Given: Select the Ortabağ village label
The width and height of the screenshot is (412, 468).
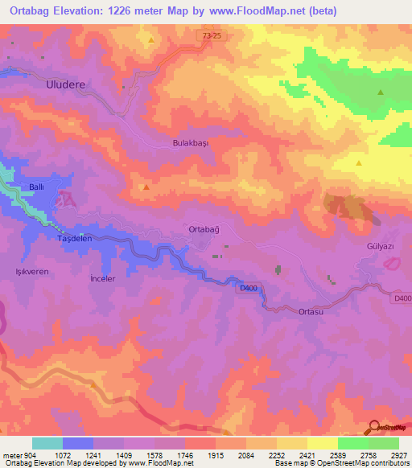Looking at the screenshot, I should pyautogui.click(x=204, y=229).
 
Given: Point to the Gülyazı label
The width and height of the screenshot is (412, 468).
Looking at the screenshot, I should pyautogui.click(x=380, y=247).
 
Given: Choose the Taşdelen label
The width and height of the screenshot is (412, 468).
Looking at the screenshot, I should pyautogui.click(x=76, y=239).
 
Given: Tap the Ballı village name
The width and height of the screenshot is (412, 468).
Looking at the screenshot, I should pyautogui.click(x=36, y=187).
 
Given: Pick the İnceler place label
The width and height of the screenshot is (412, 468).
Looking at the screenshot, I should pyautogui.click(x=103, y=278).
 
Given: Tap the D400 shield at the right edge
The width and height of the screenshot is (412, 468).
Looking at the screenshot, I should pyautogui.click(x=402, y=299).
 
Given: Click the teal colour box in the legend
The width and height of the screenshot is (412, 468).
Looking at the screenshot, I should pyautogui.click(x=47, y=443).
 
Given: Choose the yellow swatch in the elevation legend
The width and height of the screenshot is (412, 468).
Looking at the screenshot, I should pyautogui.click(x=323, y=443).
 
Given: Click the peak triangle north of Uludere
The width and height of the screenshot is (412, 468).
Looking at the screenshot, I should pyautogui.click(x=150, y=39).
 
